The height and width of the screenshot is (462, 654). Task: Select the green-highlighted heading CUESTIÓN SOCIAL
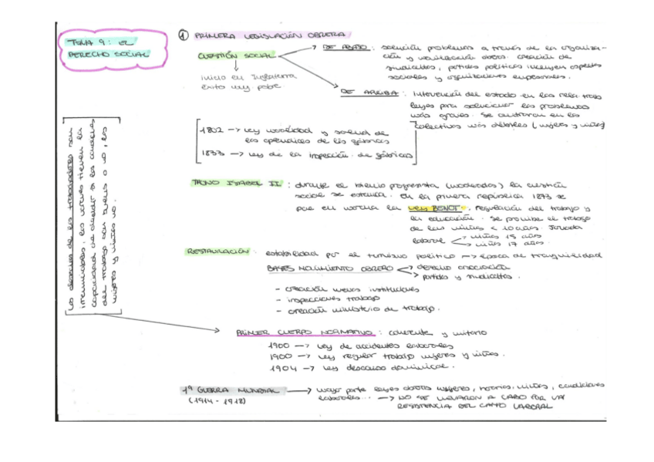[x=228, y=56]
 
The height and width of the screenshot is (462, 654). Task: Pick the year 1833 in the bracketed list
[x=211, y=154]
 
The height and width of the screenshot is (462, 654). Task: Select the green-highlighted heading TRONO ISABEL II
[x=237, y=184]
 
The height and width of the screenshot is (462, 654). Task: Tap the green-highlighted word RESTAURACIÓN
[x=217, y=251]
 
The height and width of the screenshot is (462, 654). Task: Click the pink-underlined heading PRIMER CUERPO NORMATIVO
[x=305, y=332]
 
